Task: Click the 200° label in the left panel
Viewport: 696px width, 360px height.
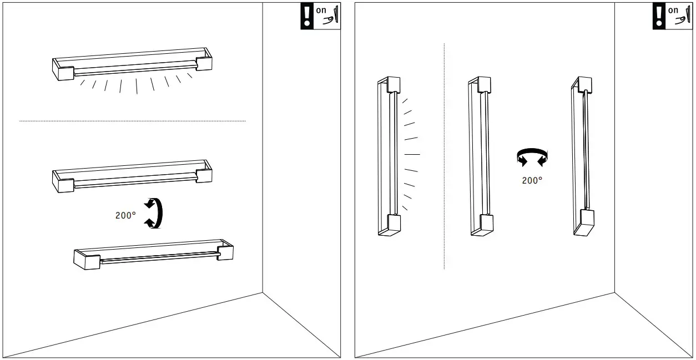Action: (x=125, y=215)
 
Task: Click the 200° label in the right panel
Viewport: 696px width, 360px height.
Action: (x=532, y=180)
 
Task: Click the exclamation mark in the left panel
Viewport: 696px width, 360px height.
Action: (x=307, y=16)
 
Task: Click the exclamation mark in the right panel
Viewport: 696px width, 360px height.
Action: (x=659, y=16)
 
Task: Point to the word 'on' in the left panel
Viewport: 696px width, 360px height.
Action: (x=321, y=11)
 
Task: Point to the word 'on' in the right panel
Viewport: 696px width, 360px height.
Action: (x=673, y=11)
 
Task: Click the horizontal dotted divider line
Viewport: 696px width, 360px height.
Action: (x=133, y=121)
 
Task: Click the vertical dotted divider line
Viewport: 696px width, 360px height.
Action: (x=445, y=156)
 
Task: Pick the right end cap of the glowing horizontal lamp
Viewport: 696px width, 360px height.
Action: (x=204, y=60)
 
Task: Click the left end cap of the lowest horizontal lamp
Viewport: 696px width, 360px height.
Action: (x=87, y=260)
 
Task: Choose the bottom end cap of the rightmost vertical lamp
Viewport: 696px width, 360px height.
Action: (x=584, y=222)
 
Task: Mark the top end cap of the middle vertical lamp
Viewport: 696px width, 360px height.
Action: (x=483, y=84)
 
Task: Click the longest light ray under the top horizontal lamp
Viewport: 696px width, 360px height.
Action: (x=137, y=86)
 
